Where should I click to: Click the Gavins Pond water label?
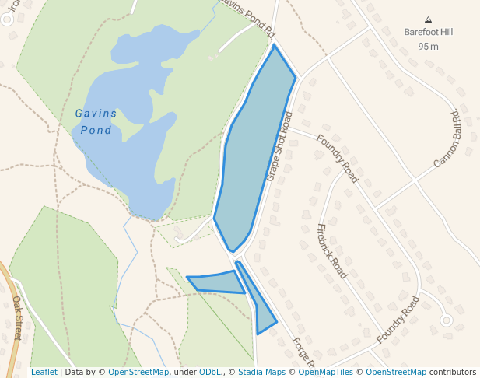pyautogui.click(x=96, y=121)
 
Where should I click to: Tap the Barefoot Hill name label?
pyautogui.click(x=428, y=33)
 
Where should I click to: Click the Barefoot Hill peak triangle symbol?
pyautogui.click(x=428, y=19)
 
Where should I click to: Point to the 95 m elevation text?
pyautogui.click(x=428, y=47)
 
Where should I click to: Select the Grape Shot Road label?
pyautogui.click(x=279, y=146)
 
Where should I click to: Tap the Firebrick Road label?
pyautogui.click(x=331, y=250)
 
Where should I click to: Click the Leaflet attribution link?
pyautogui.click(x=44, y=372)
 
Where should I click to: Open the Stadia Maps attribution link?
pyautogui.click(x=261, y=372)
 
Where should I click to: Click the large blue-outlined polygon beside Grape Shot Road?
pyautogui.click(x=253, y=148)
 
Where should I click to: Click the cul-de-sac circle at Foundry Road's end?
pyautogui.click(x=446, y=320)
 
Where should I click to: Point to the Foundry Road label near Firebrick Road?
pyautogui.click(x=337, y=159)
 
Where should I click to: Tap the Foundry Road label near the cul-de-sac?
pyautogui.click(x=398, y=320)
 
